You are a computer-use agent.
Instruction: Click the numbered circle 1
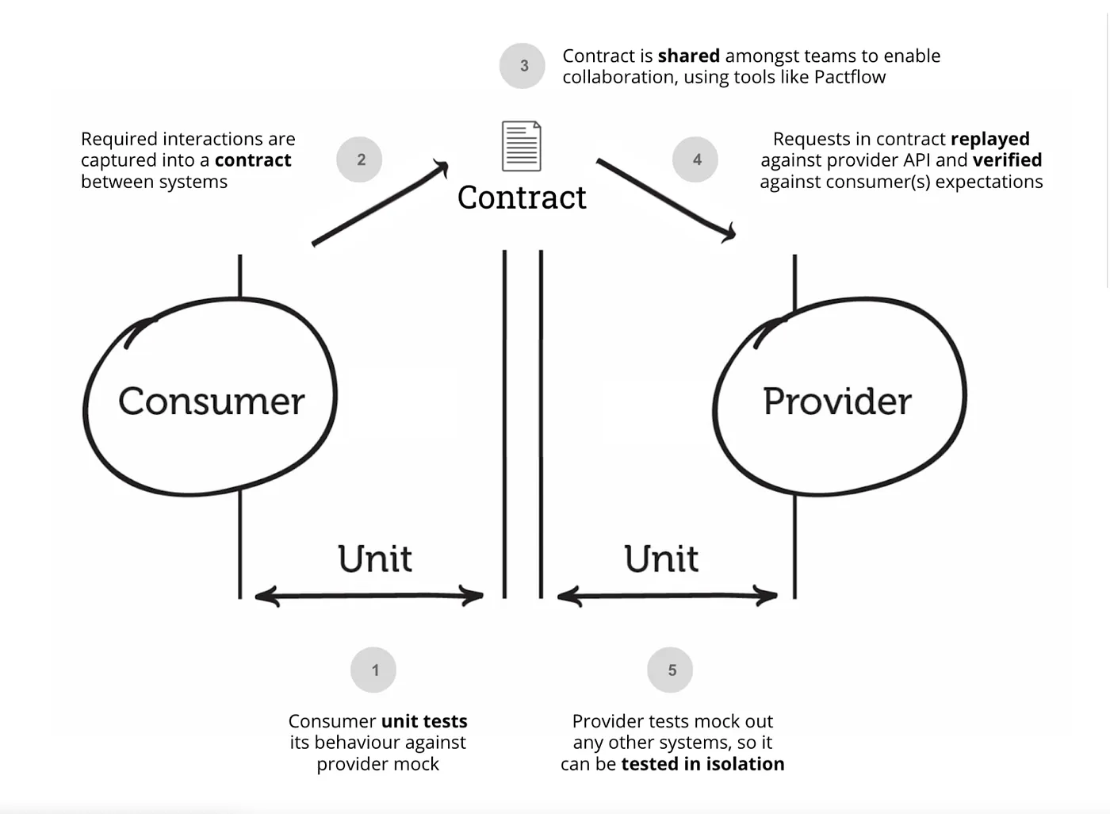(x=373, y=670)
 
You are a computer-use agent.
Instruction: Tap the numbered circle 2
(x=359, y=159)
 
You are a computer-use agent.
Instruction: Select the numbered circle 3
(x=522, y=66)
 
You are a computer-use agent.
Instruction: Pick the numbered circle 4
(x=695, y=159)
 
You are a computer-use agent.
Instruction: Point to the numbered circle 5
(x=670, y=670)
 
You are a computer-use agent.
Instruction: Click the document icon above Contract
(x=521, y=146)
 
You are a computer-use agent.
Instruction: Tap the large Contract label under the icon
(x=522, y=198)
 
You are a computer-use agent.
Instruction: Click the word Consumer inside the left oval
(x=211, y=401)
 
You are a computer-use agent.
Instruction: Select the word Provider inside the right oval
(x=836, y=401)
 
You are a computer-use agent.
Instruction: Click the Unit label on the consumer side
(x=374, y=559)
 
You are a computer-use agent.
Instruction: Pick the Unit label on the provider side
(x=660, y=559)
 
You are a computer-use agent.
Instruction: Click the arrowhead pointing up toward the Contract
(x=441, y=167)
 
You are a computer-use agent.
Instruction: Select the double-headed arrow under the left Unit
(x=369, y=596)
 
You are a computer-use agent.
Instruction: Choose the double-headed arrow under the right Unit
(x=667, y=596)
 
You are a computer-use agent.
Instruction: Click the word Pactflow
(x=850, y=77)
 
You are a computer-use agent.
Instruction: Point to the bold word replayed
(x=989, y=139)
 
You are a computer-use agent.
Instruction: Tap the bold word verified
(x=1007, y=160)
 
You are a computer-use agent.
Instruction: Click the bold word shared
(x=688, y=56)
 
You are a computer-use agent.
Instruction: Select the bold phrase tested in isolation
(x=702, y=764)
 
